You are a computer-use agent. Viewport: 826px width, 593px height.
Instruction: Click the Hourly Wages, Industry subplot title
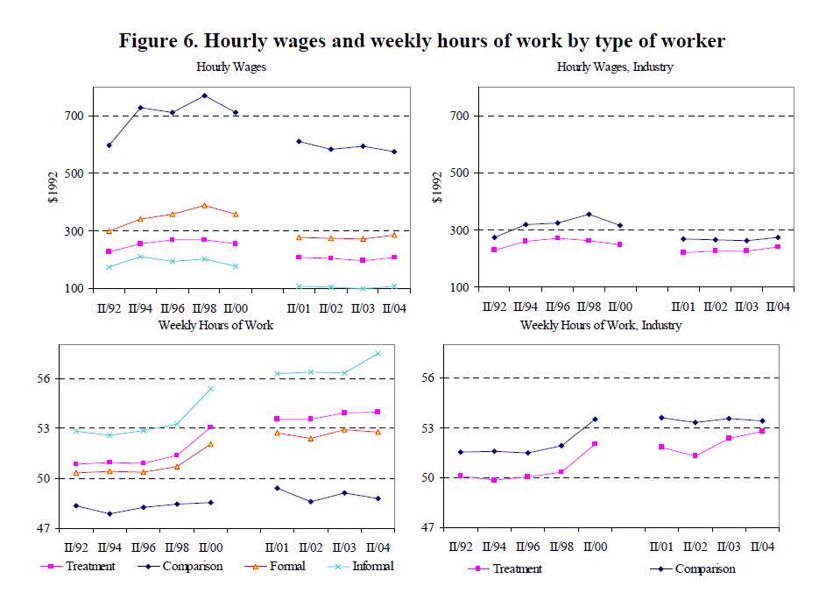pos(615,67)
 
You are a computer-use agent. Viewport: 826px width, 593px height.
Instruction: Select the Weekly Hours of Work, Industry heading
pos(601,325)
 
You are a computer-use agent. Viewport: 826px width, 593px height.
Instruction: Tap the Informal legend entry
pos(361,566)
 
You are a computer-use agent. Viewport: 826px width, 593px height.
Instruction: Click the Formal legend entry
pos(276,566)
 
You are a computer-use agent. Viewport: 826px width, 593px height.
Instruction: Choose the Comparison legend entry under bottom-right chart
pos(693,568)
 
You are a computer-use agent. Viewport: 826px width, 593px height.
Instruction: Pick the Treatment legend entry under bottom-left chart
pos(78,566)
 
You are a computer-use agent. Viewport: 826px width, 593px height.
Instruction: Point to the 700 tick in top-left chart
pos(74,116)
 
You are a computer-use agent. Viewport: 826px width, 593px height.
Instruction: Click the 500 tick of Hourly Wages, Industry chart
pos(459,173)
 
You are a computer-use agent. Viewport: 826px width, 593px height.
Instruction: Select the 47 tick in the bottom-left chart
pos(43,528)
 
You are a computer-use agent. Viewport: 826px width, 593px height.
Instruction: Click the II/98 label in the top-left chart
pos(204,308)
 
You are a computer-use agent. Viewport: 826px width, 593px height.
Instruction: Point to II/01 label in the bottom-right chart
pos(661,547)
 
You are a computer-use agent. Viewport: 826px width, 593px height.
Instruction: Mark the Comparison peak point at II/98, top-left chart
pos(204,95)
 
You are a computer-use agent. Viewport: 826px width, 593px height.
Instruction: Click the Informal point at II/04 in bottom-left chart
pos(378,354)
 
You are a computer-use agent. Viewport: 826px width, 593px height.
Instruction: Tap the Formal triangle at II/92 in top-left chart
pos(109,231)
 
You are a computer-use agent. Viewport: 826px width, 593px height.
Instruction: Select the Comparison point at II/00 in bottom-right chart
pos(596,420)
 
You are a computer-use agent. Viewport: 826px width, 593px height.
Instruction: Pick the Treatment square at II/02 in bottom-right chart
pos(695,455)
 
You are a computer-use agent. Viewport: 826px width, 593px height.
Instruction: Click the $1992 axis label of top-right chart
pos(437,187)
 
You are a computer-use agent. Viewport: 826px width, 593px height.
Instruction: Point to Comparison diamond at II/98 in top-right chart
pos(589,215)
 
